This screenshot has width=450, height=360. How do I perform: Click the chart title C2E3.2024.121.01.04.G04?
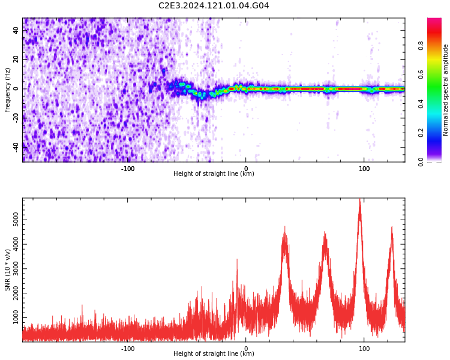point(214,5)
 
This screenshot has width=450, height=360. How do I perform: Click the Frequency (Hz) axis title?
point(8,89)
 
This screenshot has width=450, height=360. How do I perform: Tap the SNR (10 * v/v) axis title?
point(8,270)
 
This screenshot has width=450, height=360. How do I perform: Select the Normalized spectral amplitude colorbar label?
point(446,89)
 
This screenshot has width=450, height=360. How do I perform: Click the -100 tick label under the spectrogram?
point(128,169)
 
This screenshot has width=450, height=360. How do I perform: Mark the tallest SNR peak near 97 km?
point(360,200)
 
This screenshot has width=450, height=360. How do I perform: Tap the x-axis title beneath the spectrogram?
point(214,174)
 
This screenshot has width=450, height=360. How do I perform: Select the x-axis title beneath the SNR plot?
point(214,353)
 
